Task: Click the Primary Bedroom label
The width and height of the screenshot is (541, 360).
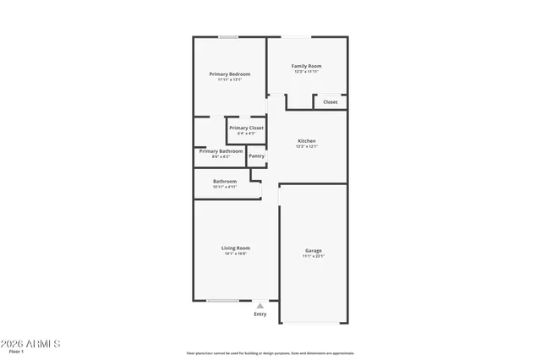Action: [230, 74]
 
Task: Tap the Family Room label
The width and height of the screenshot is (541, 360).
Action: [306, 66]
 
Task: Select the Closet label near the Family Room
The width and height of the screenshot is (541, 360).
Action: [330, 102]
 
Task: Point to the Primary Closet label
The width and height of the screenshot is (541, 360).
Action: [246, 128]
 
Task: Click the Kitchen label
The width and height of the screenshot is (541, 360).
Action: [306, 140]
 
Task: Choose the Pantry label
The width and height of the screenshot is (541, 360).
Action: [256, 155]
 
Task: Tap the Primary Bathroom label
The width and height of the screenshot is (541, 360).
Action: [221, 151]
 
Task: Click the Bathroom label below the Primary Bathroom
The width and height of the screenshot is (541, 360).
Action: [225, 181]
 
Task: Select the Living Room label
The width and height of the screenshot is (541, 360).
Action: [236, 248]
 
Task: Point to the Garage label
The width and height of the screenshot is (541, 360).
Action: [314, 250]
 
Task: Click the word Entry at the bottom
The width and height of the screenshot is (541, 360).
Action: [260, 314]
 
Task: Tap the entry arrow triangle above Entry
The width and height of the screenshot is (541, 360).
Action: [260, 306]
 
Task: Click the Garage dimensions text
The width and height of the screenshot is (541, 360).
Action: [314, 256]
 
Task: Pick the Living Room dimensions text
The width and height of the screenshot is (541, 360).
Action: [236, 254]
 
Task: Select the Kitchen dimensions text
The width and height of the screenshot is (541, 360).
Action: [306, 146]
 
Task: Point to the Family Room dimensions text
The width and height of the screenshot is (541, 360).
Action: [306, 72]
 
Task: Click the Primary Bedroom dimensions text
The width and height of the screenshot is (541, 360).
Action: [230, 80]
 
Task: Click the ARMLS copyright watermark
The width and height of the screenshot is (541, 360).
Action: [31, 344]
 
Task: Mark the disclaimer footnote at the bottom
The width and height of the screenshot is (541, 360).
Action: [270, 353]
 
